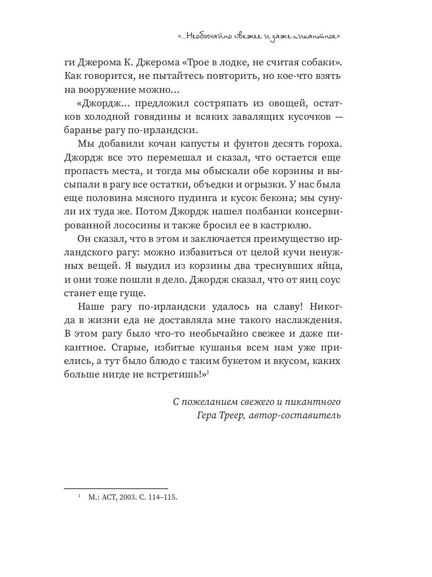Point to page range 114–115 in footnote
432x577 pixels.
tap(163, 498)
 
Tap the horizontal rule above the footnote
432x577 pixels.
tap(116, 488)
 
